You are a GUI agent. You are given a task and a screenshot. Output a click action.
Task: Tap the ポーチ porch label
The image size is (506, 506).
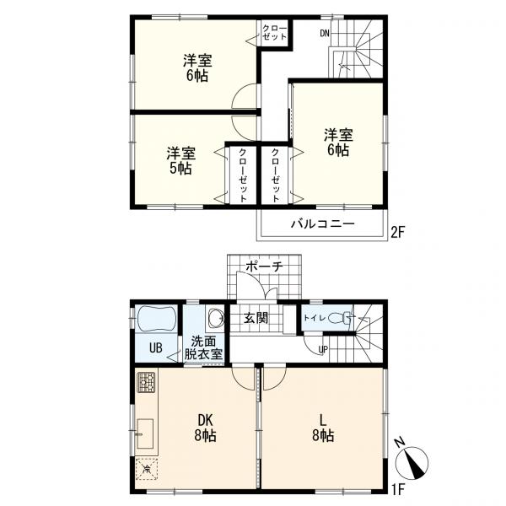[x=264, y=266]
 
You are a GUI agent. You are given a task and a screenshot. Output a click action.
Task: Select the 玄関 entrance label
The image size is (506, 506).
[x=256, y=318]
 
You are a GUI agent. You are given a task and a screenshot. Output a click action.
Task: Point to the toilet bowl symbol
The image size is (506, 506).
[x=340, y=319]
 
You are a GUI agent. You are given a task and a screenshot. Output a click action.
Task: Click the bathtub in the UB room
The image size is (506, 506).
[x=154, y=321]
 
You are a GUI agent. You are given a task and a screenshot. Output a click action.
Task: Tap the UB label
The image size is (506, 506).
[x=157, y=347]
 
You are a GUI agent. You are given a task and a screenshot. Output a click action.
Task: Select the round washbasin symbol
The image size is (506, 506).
[x=214, y=319]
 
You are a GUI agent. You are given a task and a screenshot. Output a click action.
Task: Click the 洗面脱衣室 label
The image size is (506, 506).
[x=206, y=347]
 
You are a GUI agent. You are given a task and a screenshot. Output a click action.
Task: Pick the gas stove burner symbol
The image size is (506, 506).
[x=146, y=385]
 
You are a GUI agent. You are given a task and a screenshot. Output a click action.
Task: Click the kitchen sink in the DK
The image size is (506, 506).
[x=144, y=432]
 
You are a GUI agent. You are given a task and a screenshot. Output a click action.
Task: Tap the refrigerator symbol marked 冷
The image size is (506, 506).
[x=148, y=469]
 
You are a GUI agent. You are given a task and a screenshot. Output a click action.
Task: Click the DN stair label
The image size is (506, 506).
[x=325, y=34]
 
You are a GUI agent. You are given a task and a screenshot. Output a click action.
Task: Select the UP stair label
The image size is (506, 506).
[x=322, y=349]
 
